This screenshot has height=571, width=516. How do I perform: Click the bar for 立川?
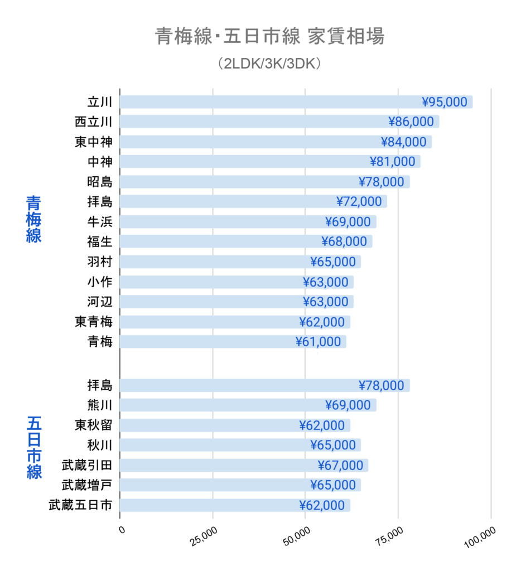point(268,102)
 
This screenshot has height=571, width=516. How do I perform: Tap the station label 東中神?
point(93,142)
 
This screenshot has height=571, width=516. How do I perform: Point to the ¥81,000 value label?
point(393,162)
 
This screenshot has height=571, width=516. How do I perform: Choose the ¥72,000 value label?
point(359,202)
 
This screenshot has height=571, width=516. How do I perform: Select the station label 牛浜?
point(100,222)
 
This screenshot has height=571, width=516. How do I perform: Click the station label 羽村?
point(100,262)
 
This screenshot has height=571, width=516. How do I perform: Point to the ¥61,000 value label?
point(319,342)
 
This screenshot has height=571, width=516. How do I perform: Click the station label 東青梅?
point(93,322)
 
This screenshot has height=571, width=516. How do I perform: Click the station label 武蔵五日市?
point(80,505)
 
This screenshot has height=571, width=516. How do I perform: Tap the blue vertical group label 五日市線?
point(34,447)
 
